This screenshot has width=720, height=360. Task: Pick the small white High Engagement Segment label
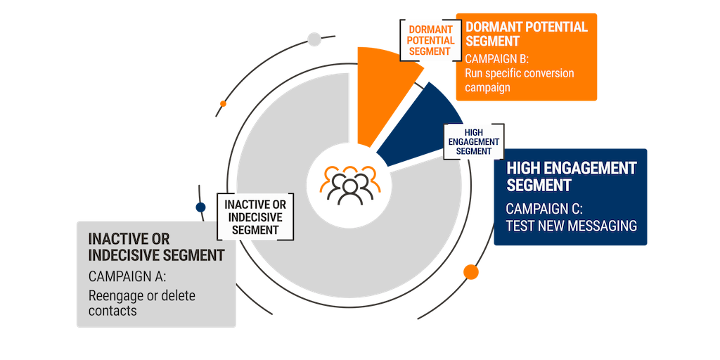click(473, 141)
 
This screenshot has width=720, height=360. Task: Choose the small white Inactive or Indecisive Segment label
click(255, 217)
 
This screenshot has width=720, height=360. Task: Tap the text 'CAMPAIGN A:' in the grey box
click(127, 276)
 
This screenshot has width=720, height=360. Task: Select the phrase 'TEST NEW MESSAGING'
click(571, 226)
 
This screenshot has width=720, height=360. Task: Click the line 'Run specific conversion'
click(520, 73)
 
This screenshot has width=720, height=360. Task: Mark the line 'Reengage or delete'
click(142, 295)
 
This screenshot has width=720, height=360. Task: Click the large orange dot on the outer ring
click(470, 272)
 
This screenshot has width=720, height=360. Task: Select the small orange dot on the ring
click(223, 103)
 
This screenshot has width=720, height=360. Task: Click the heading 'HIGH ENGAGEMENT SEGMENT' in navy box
click(571, 176)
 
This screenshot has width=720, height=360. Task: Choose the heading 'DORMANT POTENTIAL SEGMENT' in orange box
click(526, 34)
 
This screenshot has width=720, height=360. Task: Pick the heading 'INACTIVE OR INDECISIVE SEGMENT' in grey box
click(155, 247)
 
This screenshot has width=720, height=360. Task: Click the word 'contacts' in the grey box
click(112, 310)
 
